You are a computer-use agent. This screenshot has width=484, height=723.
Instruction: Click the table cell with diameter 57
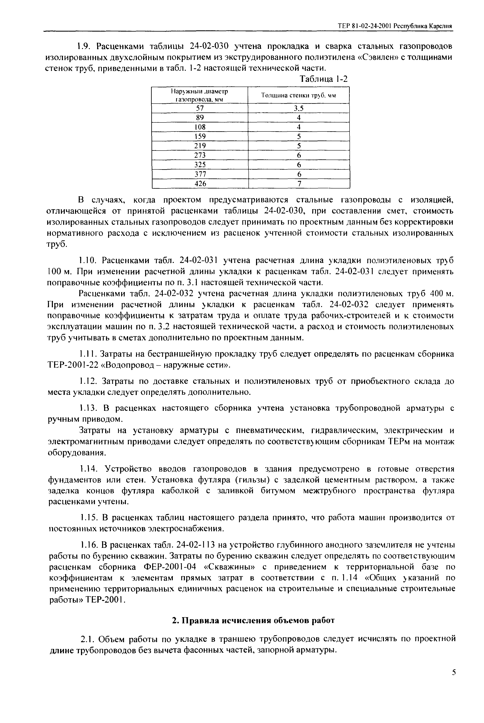pyautogui.click(x=200, y=108)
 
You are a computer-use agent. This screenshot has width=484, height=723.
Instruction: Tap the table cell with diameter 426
pyautogui.click(x=200, y=184)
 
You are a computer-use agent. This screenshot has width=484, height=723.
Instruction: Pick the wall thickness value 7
pyautogui.click(x=299, y=184)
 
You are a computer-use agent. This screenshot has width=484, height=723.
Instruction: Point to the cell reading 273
pyautogui.click(x=200, y=155)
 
